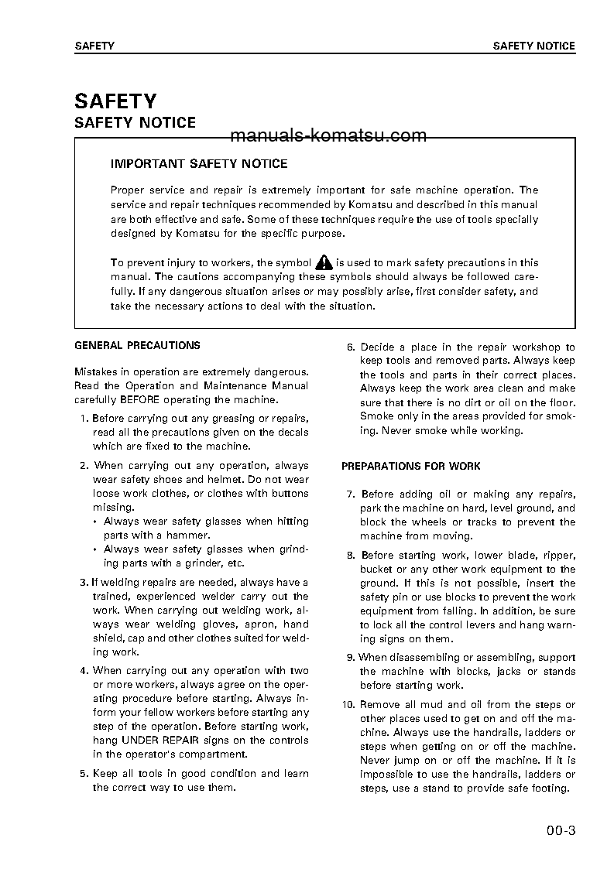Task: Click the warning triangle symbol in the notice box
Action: [x=324, y=263]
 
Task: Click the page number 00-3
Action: [x=560, y=833]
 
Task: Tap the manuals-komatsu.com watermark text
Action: [x=328, y=136]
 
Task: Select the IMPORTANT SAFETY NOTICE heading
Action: [x=199, y=164]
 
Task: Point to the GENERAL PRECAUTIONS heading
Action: [x=137, y=346]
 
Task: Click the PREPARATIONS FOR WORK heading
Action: [x=411, y=467]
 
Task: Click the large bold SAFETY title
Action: [x=115, y=101]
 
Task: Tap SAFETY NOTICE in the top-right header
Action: [x=534, y=46]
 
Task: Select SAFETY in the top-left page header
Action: [x=94, y=46]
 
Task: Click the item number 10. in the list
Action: [x=348, y=705]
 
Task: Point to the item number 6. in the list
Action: [x=351, y=347]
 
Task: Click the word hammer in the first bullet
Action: [x=190, y=535]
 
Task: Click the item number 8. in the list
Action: [x=351, y=556]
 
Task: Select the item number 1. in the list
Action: [x=84, y=419]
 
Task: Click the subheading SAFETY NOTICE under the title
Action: [x=135, y=123]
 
